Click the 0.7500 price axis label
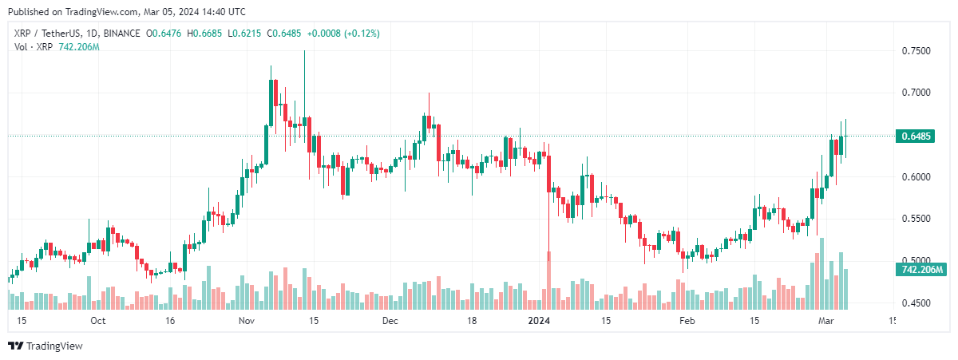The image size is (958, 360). click(x=915, y=50)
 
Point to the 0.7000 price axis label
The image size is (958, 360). click(x=915, y=93)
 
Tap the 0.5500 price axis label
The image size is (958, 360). click(x=915, y=219)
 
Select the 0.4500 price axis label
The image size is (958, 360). click(x=915, y=303)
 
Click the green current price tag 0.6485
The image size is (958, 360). click(x=916, y=136)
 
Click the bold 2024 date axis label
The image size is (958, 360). click(x=540, y=321)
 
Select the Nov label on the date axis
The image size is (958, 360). click(x=246, y=321)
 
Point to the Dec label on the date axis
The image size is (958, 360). click(x=390, y=321)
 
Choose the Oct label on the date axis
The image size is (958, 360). click(x=98, y=321)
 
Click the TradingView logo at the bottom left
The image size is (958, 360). click(x=46, y=346)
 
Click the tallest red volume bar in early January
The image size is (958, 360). click(x=548, y=280)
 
